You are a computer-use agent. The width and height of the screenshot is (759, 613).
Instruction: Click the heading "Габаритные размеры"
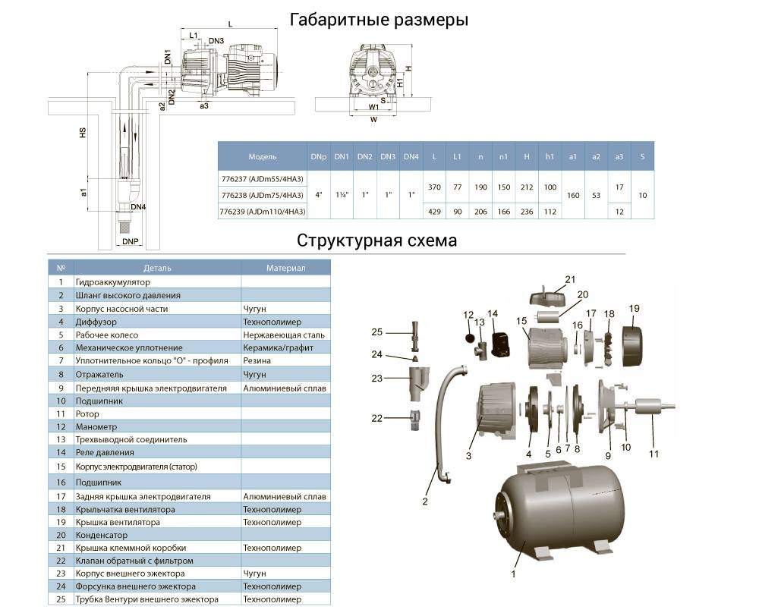point(379,20)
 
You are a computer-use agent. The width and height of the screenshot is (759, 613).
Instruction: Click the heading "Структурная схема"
point(377,240)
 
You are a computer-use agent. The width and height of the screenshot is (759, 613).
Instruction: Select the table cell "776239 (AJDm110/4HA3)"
point(261,211)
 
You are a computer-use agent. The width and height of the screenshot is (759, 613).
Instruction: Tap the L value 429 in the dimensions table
point(434,211)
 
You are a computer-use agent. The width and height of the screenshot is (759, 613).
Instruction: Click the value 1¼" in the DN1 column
point(342,194)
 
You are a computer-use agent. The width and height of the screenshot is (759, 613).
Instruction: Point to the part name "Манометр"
point(93,427)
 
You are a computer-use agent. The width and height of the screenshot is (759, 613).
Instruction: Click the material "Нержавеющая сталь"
point(284,335)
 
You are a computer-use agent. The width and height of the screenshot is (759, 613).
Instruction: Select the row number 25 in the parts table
point(60,600)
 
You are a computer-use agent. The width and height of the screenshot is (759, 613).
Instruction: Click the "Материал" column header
point(285,268)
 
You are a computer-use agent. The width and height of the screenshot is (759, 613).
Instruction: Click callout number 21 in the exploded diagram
point(570,278)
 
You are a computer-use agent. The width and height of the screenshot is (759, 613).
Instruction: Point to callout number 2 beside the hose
point(425,501)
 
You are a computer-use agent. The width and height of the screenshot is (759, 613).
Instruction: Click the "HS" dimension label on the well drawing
point(83,131)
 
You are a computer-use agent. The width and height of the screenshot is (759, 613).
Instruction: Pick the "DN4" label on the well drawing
point(138,206)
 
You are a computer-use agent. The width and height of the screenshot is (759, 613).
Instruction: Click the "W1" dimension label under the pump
point(373,108)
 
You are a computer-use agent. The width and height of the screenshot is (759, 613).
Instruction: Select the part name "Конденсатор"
point(99,534)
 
